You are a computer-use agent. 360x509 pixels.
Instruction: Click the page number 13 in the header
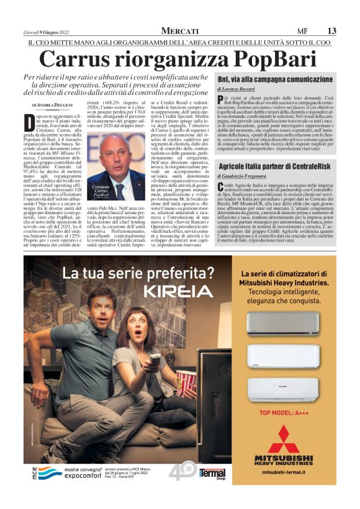tap(332, 30)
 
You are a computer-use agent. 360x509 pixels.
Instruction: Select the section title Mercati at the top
tap(180, 30)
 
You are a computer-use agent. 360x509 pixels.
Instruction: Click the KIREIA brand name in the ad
tap(174, 291)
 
